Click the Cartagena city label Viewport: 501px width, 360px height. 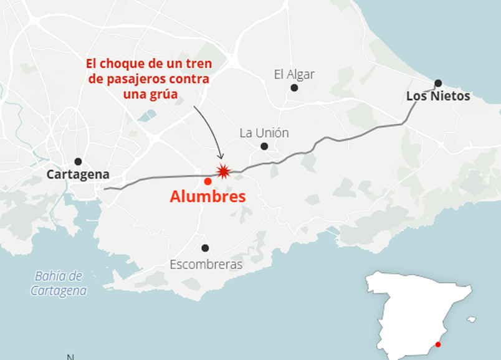click(78, 175)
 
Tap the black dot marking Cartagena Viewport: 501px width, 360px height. click(78, 161)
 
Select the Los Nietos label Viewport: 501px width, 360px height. click(438, 97)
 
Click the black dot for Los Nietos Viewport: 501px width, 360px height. click(438, 83)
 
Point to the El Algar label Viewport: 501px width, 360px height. click(294, 75)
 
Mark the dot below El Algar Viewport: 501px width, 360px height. click(294, 88)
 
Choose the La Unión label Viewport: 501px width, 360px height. click(264, 133)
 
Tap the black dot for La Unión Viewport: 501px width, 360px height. click(264, 146)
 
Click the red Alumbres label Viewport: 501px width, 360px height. click(208, 197)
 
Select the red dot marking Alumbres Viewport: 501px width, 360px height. click(208, 181)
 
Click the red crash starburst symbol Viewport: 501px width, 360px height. click(222, 172)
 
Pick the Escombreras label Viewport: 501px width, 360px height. click(206, 265)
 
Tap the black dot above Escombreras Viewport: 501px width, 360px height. click(205, 248)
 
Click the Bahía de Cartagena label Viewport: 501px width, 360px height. click(59, 283)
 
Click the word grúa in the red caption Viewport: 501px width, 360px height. click(165, 93)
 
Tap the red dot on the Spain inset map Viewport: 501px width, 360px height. click(438, 344)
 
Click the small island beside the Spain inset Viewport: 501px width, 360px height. click(472, 320)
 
